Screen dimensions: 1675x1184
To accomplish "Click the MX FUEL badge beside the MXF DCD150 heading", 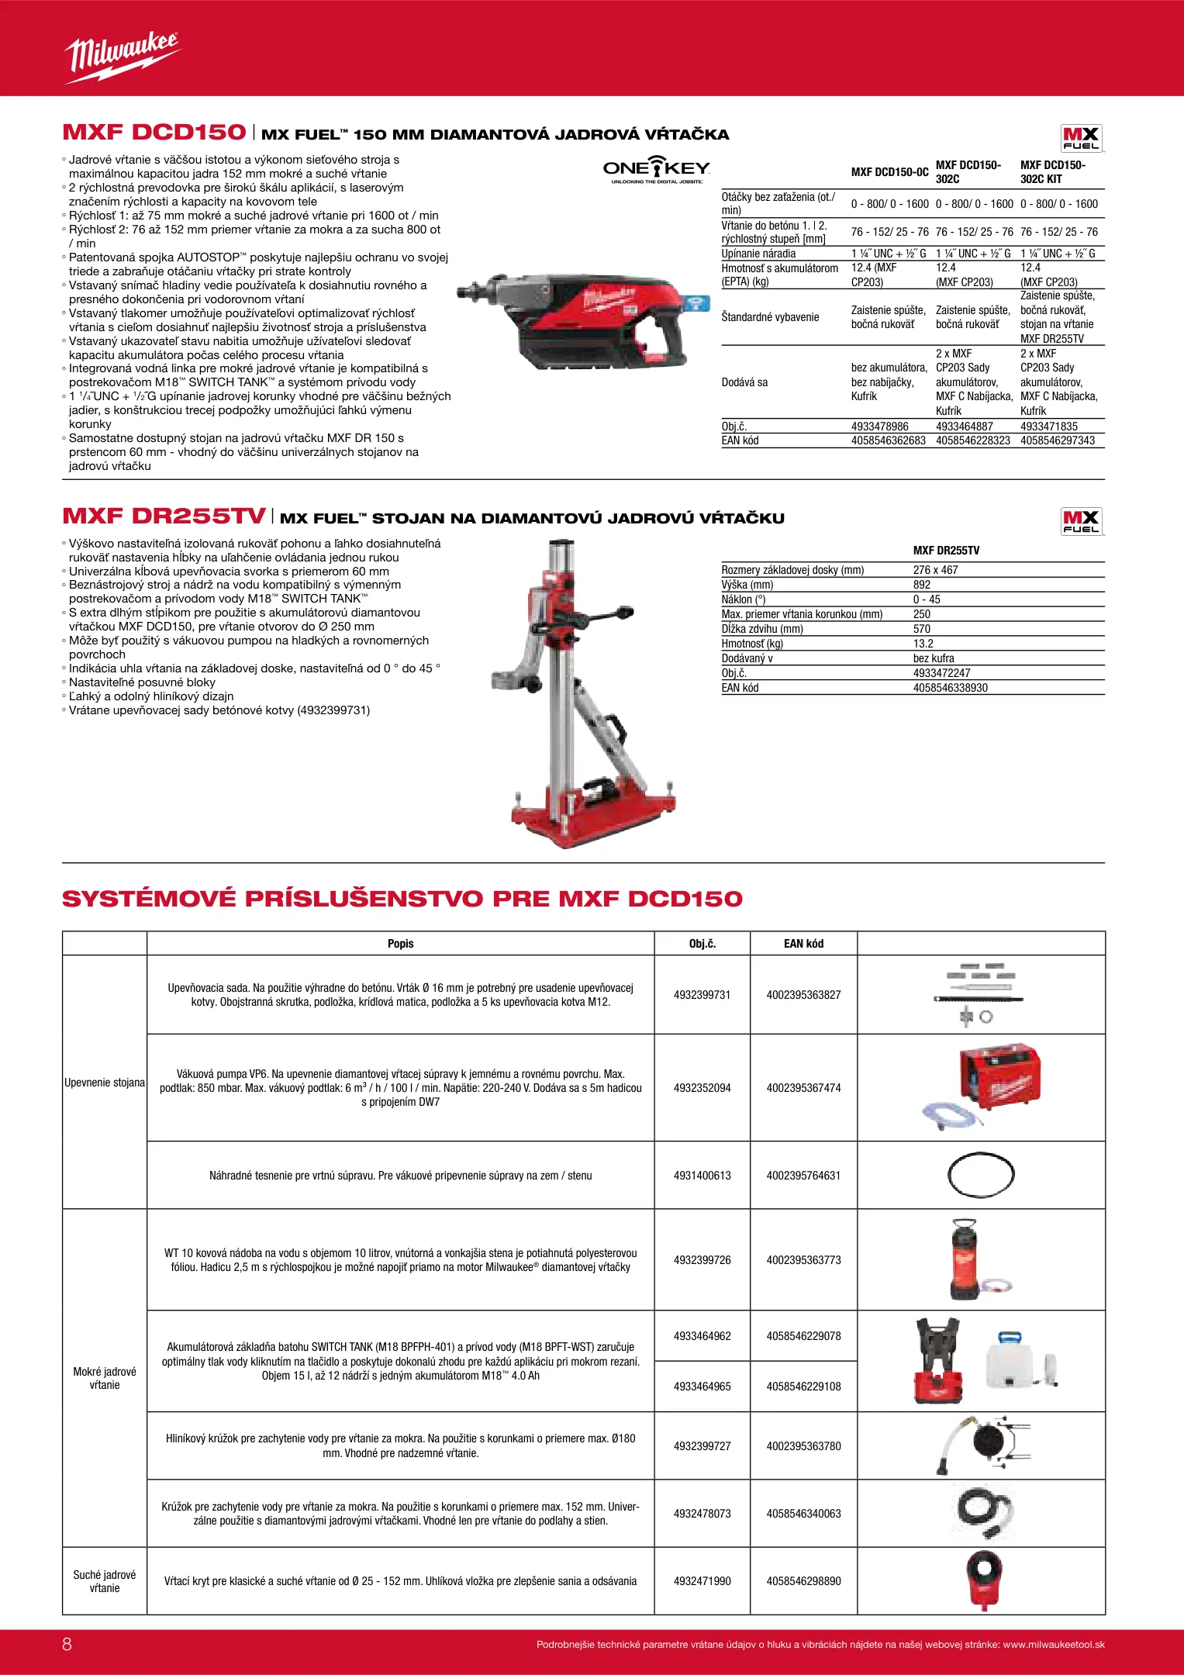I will click(x=1081, y=138).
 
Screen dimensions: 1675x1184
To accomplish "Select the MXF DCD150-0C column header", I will click(x=889, y=172).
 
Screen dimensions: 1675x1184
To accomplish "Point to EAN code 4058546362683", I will click(x=888, y=440).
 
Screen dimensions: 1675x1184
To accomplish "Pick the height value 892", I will click(x=922, y=585).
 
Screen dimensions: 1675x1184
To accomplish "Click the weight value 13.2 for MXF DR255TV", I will click(x=923, y=644).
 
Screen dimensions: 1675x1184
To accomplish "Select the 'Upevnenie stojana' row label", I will click(x=105, y=1083).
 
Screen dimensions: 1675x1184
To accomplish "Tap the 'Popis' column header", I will click(x=400, y=944).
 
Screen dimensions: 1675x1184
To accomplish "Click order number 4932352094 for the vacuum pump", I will click(x=702, y=1088).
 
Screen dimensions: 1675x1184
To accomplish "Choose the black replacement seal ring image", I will click(x=981, y=1176).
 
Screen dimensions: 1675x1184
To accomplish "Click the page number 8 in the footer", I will click(x=67, y=1644).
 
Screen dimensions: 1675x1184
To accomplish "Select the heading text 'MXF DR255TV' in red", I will click(x=164, y=516).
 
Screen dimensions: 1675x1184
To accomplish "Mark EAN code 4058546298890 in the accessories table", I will click(x=803, y=1581).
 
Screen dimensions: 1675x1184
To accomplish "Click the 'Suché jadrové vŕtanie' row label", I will click(x=105, y=1581).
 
